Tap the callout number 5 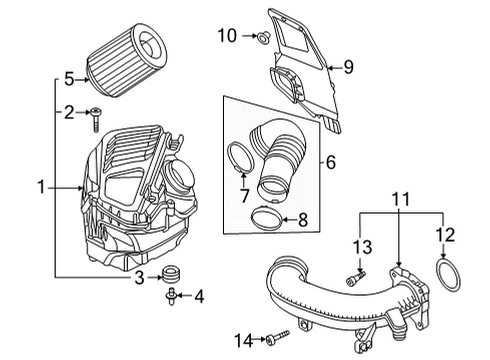pyautogui.click(x=69, y=79)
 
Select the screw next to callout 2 pyautogui.click(x=96, y=120)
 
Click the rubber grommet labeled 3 pyautogui.click(x=171, y=273)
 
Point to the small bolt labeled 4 pyautogui.click(x=171, y=296)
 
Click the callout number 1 pyautogui.click(x=41, y=187)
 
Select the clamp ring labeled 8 pyautogui.click(x=266, y=217)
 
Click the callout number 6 pyautogui.click(x=330, y=162)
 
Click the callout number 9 pyautogui.click(x=348, y=67)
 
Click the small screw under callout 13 pyautogui.click(x=356, y=278)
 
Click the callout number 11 pyautogui.click(x=400, y=199)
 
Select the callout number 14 pyautogui.click(x=244, y=340)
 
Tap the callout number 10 pyautogui.click(x=227, y=35)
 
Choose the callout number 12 pyautogui.click(x=445, y=235)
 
